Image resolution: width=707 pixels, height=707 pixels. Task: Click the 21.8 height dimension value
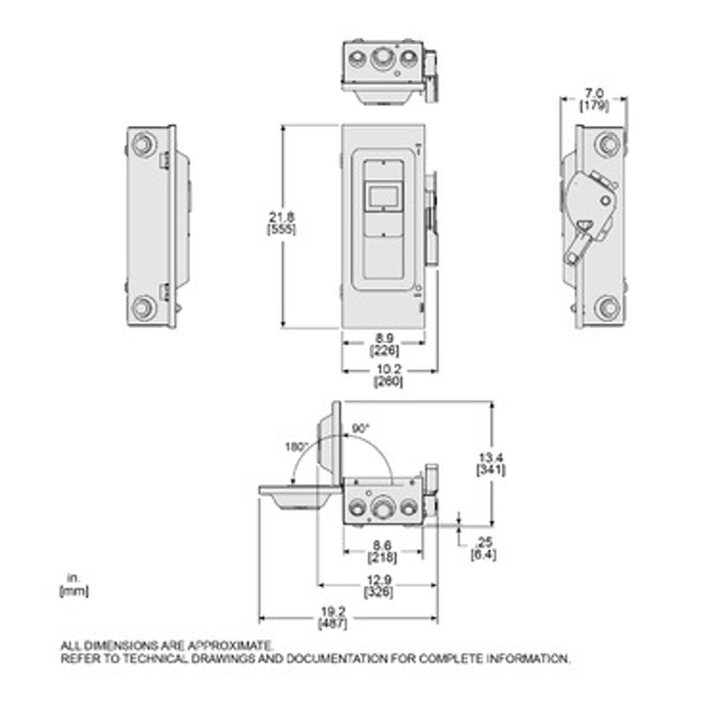pos(282,217)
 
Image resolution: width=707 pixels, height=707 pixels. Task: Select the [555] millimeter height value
pos(282,230)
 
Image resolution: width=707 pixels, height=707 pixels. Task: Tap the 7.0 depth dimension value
pos(594,94)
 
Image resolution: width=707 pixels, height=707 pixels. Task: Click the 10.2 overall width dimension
pos(388,369)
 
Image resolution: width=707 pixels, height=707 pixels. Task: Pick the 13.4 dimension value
pos(491,458)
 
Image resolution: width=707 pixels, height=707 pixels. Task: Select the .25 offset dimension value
pos(484,541)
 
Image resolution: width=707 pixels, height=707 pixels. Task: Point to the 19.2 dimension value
pos(333,611)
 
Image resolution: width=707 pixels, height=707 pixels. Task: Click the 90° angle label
pos(361,428)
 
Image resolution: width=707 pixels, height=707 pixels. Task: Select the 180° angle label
pos(296,447)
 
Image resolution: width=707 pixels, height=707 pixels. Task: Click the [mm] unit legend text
pos(74,591)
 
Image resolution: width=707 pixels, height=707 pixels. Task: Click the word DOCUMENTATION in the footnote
pos(336,659)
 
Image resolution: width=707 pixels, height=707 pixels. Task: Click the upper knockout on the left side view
pos(144,144)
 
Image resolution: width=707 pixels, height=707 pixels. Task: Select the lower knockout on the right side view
pos(607,308)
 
